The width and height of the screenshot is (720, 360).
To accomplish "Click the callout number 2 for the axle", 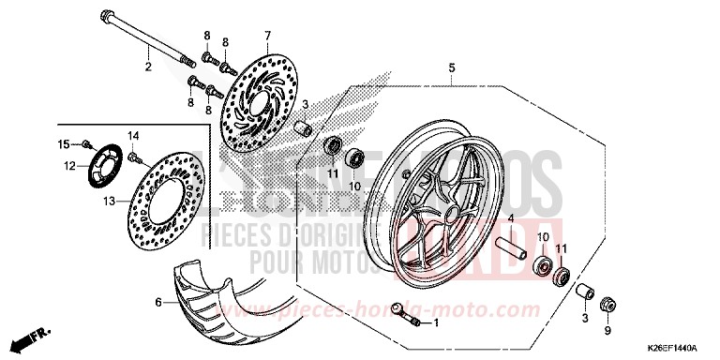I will coord(147,66).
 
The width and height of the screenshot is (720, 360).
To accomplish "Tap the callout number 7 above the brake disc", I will coord(266,35).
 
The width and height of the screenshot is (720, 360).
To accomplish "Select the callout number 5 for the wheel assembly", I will coord(451,67).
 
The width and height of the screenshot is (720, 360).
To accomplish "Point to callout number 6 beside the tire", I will coord(158,302).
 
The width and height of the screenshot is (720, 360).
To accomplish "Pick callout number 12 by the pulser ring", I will coord(69,166).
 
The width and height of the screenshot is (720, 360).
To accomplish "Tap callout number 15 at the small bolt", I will coord(64,143).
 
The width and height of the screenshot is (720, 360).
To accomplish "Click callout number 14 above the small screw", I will coord(133,136).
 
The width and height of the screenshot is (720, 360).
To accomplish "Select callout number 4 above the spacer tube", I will coord(512,218).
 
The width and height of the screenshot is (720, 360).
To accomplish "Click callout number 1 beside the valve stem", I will coord(436,322).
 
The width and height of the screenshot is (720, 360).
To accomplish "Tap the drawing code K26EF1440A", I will coord(672,347).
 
